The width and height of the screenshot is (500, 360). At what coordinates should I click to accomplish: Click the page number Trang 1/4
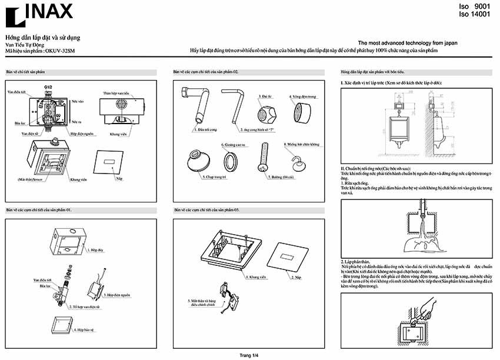pos(249,355)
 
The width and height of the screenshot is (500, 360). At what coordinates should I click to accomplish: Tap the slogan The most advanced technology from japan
pos(408,43)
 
